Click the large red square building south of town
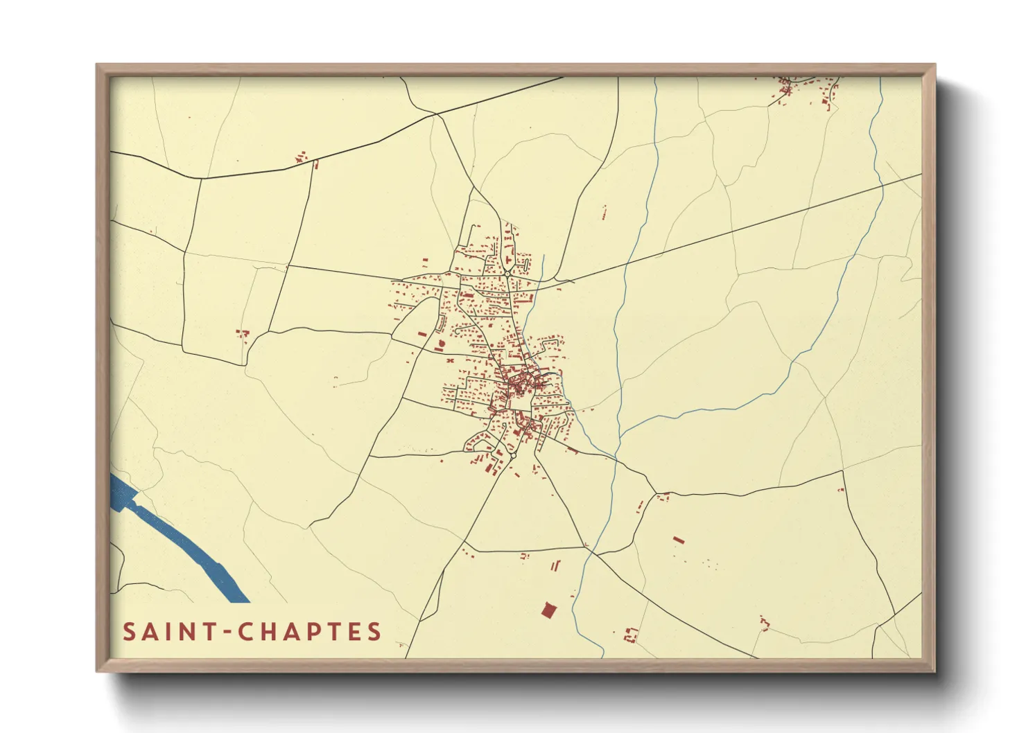[x=548, y=610]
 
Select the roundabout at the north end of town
[x=508, y=274]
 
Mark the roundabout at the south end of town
[x=514, y=455]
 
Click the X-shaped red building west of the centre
[x=449, y=361]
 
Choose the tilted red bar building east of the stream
[x=678, y=539]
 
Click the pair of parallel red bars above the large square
[x=555, y=567]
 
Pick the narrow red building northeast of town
[x=604, y=212]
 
